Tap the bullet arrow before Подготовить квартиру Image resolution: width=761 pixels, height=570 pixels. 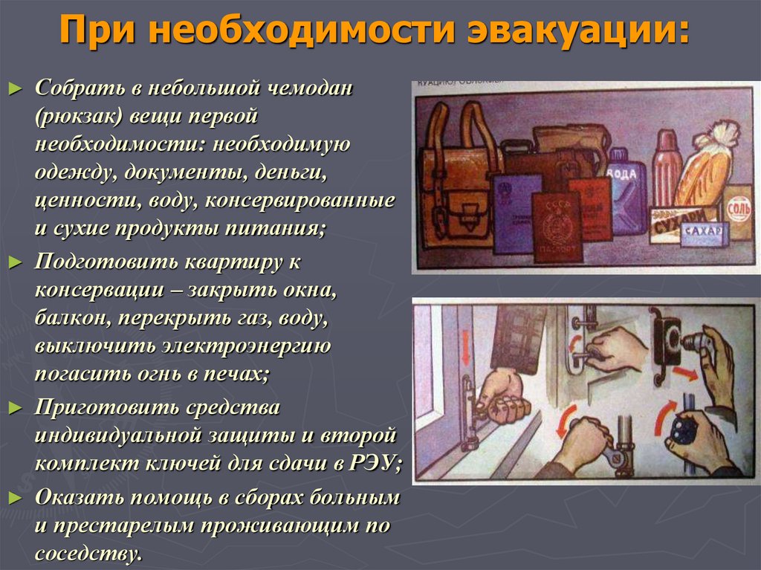[16, 262]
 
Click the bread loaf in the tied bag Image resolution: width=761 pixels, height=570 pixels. [705, 167]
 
